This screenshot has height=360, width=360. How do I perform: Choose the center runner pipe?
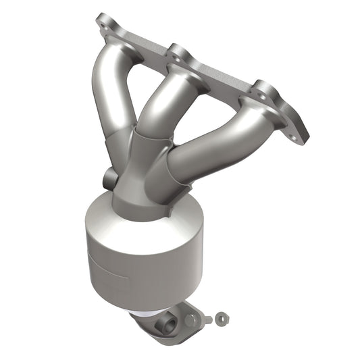tap(159, 101)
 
